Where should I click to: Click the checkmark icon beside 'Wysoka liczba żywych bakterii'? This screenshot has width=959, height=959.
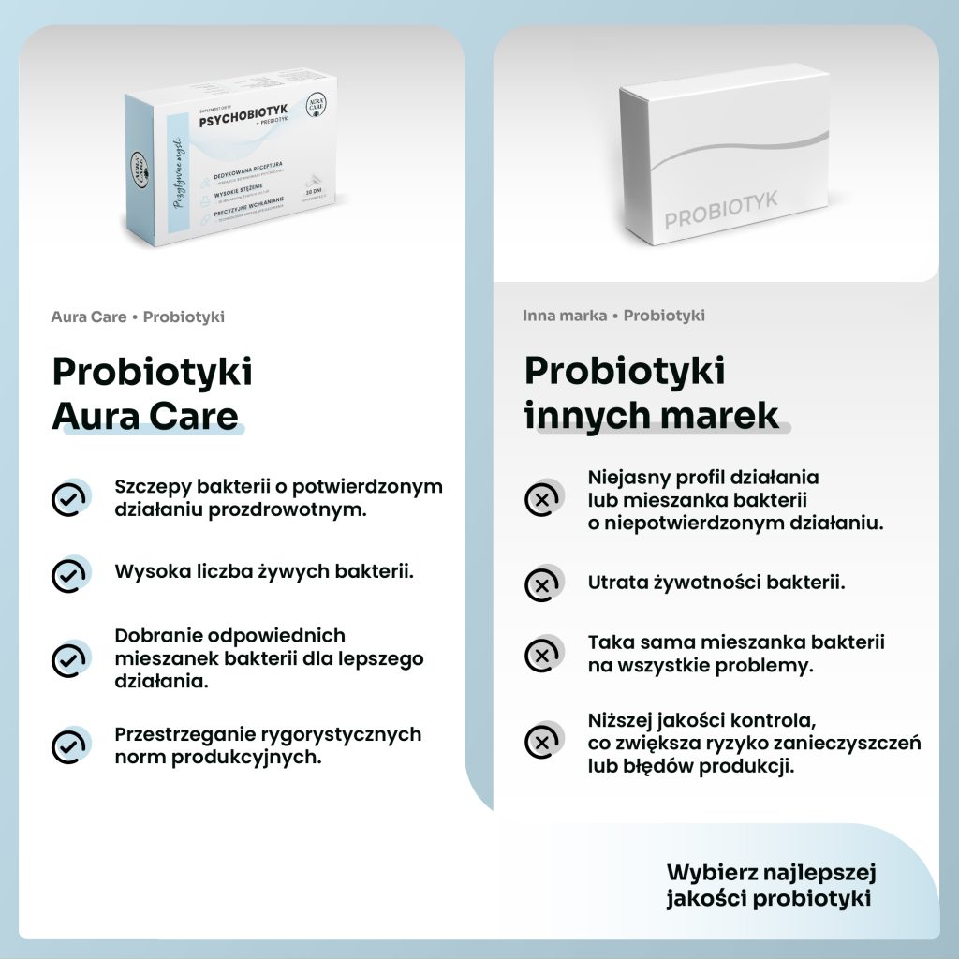pyautogui.click(x=68, y=575)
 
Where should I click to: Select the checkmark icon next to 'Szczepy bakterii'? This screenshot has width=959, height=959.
pyautogui.click(x=68, y=499)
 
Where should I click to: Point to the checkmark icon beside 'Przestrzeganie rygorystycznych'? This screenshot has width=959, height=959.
pyautogui.click(x=68, y=745)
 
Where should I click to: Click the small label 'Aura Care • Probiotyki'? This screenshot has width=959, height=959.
pyautogui.click(x=138, y=317)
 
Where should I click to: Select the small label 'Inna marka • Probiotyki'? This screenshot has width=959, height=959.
pyautogui.click(x=613, y=316)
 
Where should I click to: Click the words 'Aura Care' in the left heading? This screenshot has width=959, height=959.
pyautogui.click(x=145, y=416)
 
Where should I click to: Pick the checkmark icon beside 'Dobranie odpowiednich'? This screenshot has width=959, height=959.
pyautogui.click(x=68, y=659)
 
